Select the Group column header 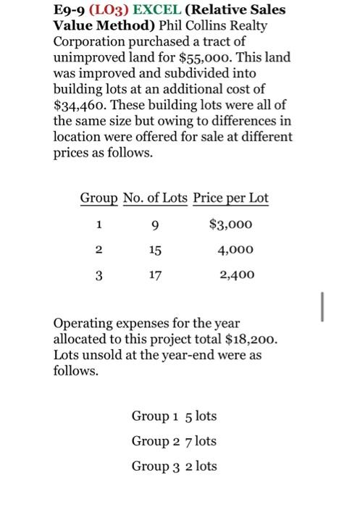click(x=99, y=198)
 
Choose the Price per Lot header click(x=230, y=198)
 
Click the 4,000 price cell click(x=236, y=249)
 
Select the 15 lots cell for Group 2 click(x=154, y=249)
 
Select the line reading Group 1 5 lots click(x=174, y=416)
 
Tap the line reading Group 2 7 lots click(x=174, y=440)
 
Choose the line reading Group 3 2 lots click(x=174, y=466)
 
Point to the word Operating click(x=84, y=323)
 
